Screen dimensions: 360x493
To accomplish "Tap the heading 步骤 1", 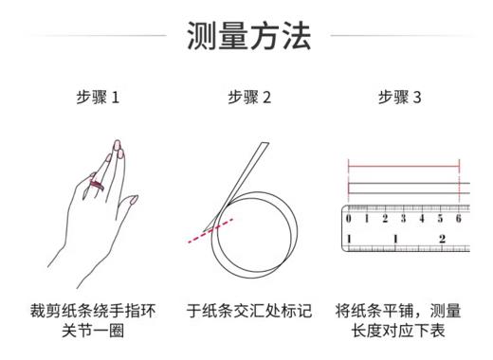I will [x=98, y=98].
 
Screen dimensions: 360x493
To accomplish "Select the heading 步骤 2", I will [x=249, y=98].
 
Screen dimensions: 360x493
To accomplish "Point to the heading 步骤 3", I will [x=400, y=98].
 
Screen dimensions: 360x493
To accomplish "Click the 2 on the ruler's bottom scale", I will [x=443, y=238].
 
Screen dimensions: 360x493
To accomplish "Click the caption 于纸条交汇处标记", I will [x=248, y=310].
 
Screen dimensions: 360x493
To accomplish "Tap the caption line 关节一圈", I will [x=98, y=331].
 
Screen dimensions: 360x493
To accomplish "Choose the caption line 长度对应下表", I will [x=399, y=331].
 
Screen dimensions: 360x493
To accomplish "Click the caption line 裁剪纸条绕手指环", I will [x=98, y=310].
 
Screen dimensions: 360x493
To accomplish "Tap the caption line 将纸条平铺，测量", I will [x=399, y=310].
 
